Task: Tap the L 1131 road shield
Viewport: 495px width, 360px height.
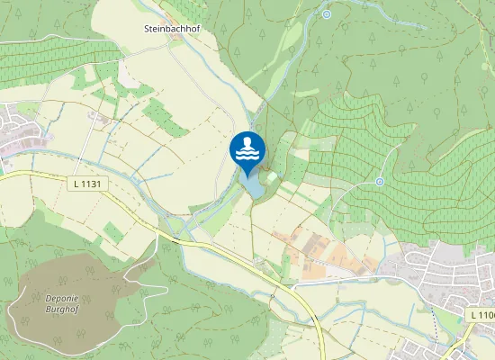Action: pos(86,184)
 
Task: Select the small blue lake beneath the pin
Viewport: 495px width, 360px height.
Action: pos(254,187)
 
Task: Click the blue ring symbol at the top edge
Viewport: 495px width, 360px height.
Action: pos(326,14)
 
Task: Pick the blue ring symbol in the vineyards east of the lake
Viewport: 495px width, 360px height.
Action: pos(380,181)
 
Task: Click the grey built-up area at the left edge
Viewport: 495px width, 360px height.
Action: pos(18,130)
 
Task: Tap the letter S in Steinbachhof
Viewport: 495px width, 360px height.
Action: pos(147,28)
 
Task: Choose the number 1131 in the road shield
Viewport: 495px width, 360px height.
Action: pos(90,184)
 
